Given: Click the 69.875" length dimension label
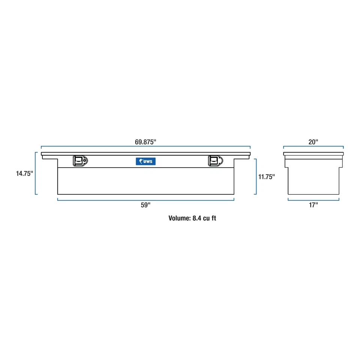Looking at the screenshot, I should (x=145, y=142).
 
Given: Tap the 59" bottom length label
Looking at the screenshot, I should (x=145, y=205).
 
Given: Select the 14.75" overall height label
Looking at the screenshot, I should (x=24, y=173).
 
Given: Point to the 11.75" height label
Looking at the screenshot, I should (x=266, y=177).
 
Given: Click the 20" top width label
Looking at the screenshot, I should (x=313, y=142).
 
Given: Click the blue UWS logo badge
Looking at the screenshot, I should (x=145, y=161).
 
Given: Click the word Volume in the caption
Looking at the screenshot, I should (x=179, y=218).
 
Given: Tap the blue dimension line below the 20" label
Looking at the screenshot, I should (x=313, y=147).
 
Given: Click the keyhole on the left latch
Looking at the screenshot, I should (x=85, y=161).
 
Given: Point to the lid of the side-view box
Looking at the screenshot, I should (x=313, y=154).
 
